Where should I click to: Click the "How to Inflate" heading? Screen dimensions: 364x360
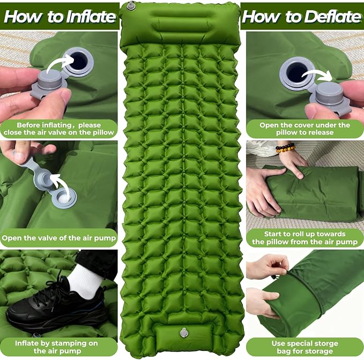tap(60, 17)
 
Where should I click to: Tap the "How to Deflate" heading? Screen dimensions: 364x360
tap(302, 17)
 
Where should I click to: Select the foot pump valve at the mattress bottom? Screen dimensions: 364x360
tap(184, 333)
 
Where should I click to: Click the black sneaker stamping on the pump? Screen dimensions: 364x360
tap(56, 306)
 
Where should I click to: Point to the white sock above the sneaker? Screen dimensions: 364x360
tap(85, 281)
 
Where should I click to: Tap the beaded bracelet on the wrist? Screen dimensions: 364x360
tap(285, 148)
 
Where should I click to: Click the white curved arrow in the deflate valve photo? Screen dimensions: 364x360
tap(317, 74)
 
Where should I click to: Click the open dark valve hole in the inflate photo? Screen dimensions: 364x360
tap(79, 61)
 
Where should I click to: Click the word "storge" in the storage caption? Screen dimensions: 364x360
tap(325, 343)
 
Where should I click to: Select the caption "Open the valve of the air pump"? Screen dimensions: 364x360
tap(59, 238)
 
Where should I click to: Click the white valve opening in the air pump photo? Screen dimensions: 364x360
tap(64, 197)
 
